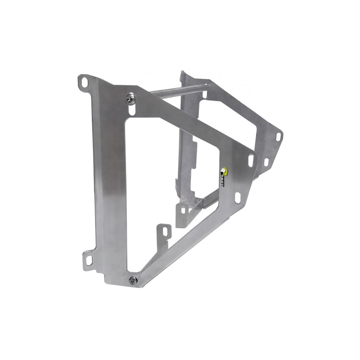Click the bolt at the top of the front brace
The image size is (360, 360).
[x=130, y=98]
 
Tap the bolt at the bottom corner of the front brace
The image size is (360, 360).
[x=132, y=280]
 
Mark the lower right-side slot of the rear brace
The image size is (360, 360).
[x=266, y=162]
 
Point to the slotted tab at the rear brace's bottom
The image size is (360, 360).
[x=182, y=210]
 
